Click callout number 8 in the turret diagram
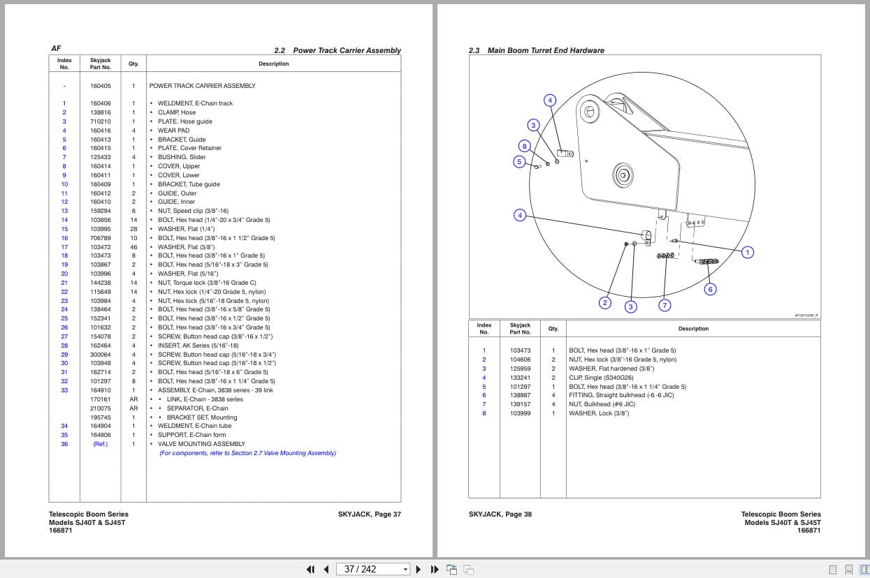(x=524, y=146)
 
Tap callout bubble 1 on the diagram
(x=747, y=252)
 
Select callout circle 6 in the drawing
(x=710, y=289)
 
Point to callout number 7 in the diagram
(x=665, y=305)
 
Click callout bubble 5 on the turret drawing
(x=519, y=162)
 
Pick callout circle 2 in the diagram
(x=605, y=302)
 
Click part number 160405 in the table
(x=100, y=86)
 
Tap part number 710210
(x=100, y=121)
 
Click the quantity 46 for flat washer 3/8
(x=133, y=247)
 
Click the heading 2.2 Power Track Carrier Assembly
(x=338, y=50)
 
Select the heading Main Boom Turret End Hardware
(x=546, y=50)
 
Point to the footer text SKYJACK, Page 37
(x=369, y=514)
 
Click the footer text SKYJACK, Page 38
(x=500, y=514)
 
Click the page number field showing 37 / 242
(x=372, y=569)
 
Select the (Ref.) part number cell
(x=100, y=444)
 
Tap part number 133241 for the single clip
(x=520, y=378)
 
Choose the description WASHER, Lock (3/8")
(x=599, y=413)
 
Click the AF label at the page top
(x=56, y=49)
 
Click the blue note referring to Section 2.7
(x=247, y=453)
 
